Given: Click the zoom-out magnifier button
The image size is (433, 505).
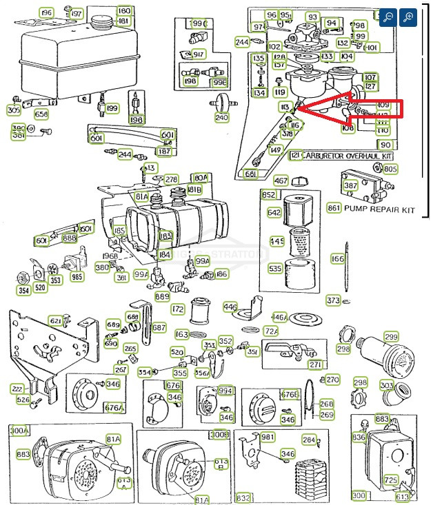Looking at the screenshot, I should [389, 17].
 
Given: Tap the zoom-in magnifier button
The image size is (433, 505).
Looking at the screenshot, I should [408, 17].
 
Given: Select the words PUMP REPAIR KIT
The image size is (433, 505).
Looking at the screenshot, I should [380, 208].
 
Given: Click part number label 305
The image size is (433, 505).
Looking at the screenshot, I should [14, 110].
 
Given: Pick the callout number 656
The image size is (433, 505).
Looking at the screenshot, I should [41, 114].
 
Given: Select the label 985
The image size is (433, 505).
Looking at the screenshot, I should [76, 278].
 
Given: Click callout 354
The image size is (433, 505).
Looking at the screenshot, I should [23, 291].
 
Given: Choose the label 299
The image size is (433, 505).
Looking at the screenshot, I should [391, 336].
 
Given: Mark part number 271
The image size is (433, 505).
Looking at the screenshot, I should [315, 364].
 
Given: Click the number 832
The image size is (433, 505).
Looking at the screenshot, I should [243, 497].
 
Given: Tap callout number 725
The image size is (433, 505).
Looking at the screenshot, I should [391, 480].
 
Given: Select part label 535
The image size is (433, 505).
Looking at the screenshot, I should [275, 269].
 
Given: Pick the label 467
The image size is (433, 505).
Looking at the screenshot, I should [281, 181].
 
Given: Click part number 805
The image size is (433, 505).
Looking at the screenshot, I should [390, 169].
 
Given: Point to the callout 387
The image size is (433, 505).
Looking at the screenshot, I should [350, 185].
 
